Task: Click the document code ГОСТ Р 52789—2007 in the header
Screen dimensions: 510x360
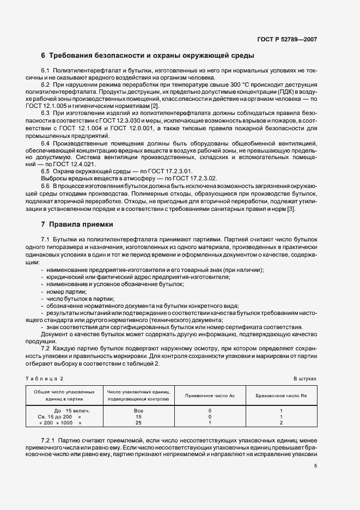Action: click(x=287, y=39)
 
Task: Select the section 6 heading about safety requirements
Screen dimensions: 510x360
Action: click(x=147, y=56)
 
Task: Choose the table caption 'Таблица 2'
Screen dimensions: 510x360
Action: click(x=45, y=378)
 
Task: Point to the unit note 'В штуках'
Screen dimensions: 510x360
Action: click(x=305, y=378)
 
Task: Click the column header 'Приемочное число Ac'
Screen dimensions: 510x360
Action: click(x=210, y=395)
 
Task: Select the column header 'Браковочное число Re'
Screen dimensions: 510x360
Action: click(x=281, y=395)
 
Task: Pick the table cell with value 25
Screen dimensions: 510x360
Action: click(x=138, y=422)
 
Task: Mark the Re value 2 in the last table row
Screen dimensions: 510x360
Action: click(x=281, y=422)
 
